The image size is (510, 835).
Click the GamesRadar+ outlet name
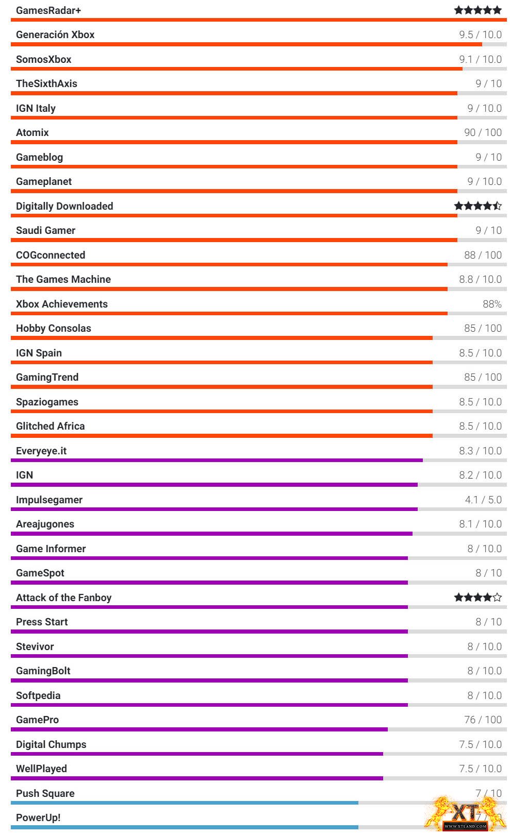click(48, 10)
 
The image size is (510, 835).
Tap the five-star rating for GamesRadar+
click(478, 10)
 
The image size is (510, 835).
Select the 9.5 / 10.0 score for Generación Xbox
click(480, 35)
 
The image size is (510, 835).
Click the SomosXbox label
click(44, 59)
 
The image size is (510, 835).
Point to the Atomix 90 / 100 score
click(483, 132)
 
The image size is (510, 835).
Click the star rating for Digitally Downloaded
click(478, 206)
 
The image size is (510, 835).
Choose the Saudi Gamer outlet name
click(46, 230)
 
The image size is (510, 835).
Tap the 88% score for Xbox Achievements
click(492, 304)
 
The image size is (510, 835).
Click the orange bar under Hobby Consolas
click(222, 338)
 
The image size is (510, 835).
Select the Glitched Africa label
click(51, 426)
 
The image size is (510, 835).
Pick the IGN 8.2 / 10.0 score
click(480, 475)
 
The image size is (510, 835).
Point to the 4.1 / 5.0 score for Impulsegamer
click(483, 500)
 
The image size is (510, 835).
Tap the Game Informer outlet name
click(51, 549)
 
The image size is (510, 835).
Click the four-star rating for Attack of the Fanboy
click(478, 598)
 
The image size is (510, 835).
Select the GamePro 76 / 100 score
click(483, 720)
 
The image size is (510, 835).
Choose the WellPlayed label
click(42, 769)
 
